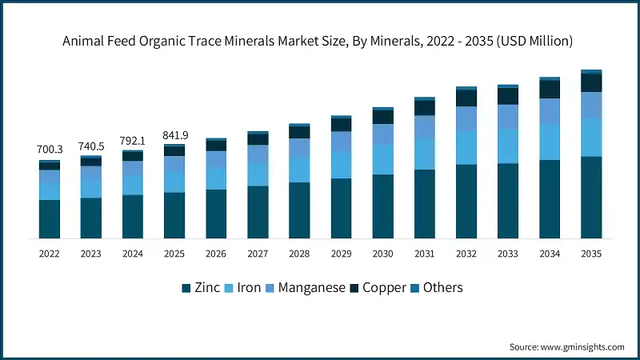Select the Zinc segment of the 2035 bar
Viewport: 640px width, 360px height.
[591, 197]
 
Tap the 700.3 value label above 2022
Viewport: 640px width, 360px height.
[49, 150]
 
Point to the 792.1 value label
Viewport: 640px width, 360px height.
[132, 140]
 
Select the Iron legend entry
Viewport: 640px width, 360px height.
[242, 287]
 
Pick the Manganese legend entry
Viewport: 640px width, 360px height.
[305, 287]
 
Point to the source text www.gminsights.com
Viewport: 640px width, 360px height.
[566, 346]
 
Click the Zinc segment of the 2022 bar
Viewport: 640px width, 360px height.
[49, 218]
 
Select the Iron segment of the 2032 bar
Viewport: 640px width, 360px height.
[466, 147]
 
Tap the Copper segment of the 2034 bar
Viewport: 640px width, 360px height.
[550, 89]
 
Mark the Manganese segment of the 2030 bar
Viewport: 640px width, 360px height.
[382, 134]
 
